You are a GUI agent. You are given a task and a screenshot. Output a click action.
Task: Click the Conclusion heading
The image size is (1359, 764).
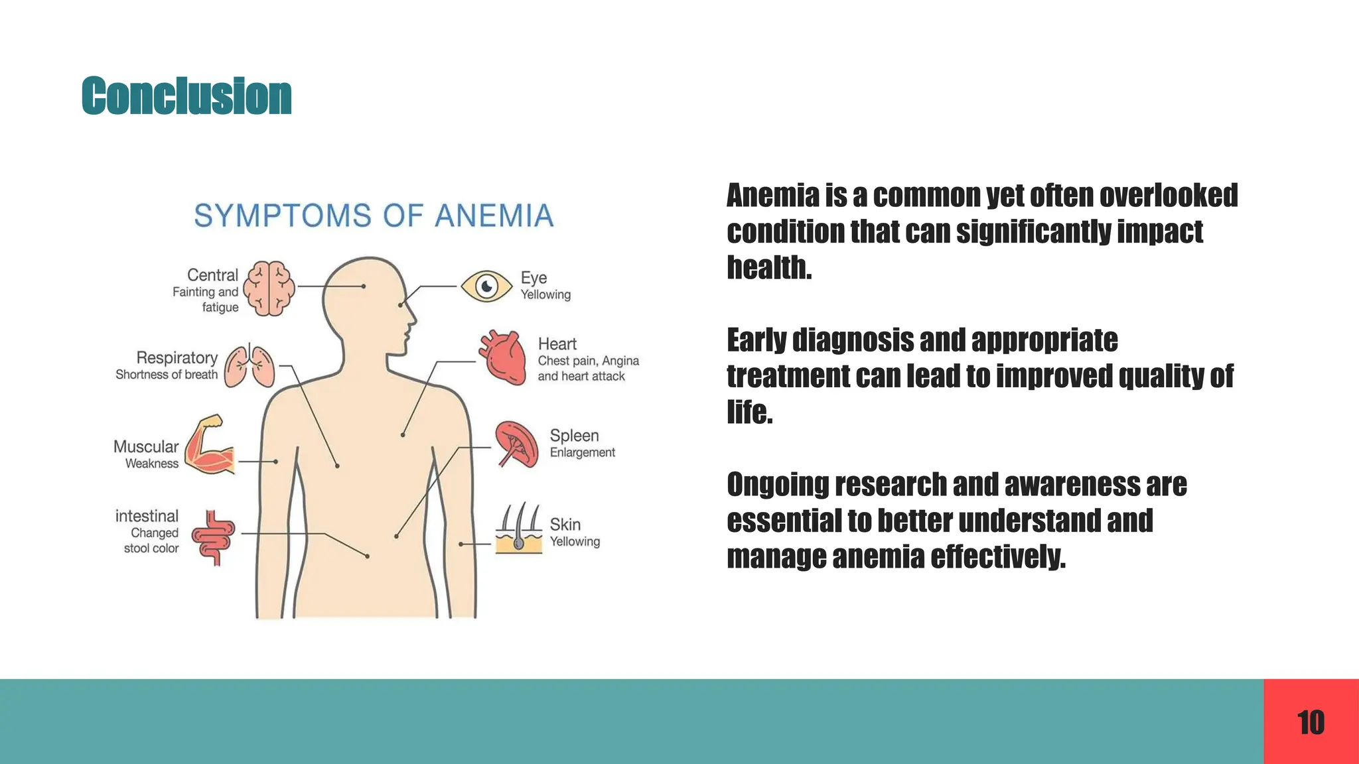[x=186, y=96]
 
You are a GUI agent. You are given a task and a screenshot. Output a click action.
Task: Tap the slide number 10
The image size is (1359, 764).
[x=1311, y=722]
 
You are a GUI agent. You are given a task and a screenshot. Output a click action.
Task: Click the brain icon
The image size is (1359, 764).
[x=269, y=288]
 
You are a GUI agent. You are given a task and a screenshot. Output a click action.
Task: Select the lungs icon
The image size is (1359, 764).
[x=249, y=365]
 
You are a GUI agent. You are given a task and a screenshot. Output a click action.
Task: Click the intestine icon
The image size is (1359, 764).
[x=214, y=537]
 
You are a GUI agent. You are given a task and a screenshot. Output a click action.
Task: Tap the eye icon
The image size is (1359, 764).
[x=486, y=286]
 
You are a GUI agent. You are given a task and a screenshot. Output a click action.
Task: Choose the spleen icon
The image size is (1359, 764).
[x=517, y=444]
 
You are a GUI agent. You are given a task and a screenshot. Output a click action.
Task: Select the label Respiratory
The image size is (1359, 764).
[x=177, y=358]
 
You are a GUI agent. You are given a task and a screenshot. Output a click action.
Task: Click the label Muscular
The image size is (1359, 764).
[x=146, y=447]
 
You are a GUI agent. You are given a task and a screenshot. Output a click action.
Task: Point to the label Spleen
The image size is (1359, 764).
[x=574, y=436]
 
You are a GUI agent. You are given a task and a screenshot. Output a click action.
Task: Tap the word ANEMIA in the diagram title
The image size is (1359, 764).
[x=494, y=216]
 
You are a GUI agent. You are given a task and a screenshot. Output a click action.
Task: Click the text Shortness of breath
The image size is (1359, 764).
[x=167, y=375]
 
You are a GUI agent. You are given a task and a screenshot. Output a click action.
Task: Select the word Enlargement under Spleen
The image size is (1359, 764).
[x=582, y=453]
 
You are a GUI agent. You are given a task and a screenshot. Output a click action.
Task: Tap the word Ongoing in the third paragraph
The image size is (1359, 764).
[x=776, y=485]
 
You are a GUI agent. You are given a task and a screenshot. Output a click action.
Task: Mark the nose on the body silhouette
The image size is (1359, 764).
[x=412, y=318]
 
